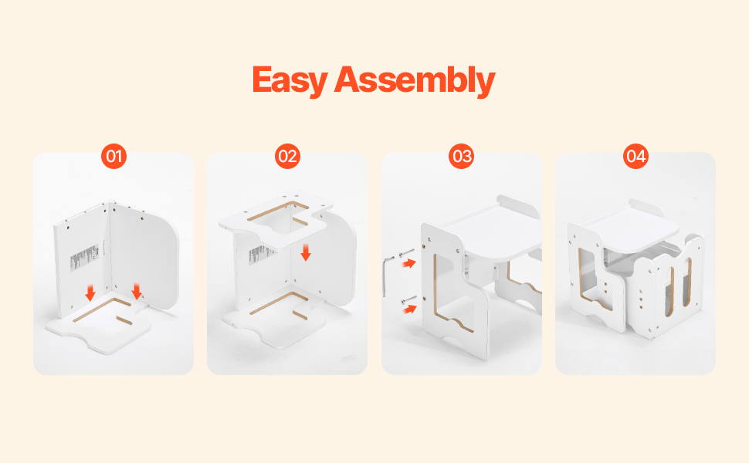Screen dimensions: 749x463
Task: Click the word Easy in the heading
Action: [290, 80]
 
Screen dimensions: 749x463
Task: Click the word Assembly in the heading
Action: [414, 80]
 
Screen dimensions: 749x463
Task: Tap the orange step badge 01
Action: [114, 156]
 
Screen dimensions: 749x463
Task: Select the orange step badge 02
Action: [287, 156]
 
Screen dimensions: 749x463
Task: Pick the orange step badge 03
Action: [462, 156]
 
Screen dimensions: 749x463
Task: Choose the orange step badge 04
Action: [635, 156]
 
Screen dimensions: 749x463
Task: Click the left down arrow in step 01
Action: [90, 292]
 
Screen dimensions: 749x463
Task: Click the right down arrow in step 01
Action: [137, 292]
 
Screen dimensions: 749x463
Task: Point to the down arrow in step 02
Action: [306, 252]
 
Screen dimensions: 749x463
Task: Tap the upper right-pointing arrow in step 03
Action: [408, 263]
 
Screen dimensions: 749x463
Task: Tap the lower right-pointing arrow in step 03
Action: [408, 309]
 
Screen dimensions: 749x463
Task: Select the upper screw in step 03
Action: [406, 253]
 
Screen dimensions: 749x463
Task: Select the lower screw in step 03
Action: [408, 299]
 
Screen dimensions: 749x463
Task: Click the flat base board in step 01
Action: [98, 325]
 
